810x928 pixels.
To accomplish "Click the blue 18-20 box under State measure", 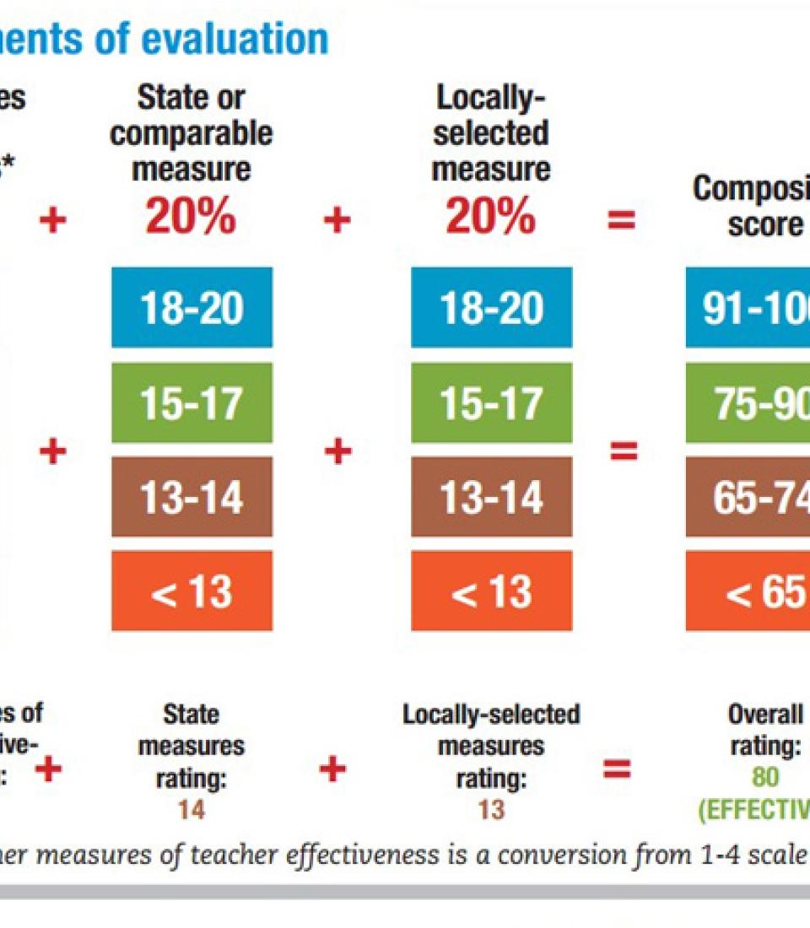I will click(x=192, y=308).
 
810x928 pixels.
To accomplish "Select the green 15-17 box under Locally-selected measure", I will click(x=491, y=402).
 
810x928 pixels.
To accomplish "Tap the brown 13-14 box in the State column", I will click(x=192, y=497).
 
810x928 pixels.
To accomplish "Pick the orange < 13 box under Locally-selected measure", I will click(x=491, y=591).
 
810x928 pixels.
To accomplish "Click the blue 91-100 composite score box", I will click(x=748, y=308).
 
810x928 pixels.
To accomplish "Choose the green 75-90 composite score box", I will click(x=748, y=402).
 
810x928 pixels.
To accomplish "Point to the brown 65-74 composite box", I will click(x=748, y=497).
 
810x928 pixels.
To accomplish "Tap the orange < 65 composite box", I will click(x=748, y=591).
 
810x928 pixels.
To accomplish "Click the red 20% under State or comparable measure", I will click(x=191, y=217).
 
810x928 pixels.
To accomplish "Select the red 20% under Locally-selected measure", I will click(x=491, y=217).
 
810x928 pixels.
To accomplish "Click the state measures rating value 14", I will click(x=192, y=810).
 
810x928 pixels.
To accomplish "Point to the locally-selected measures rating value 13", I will click(x=491, y=810).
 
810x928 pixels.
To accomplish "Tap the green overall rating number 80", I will click(x=765, y=776).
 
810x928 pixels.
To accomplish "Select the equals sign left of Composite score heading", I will click(x=622, y=221).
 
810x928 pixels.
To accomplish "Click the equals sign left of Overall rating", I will click(x=617, y=769).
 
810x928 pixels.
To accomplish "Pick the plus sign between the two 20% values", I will click(x=337, y=221).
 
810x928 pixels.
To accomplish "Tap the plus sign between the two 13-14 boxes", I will click(x=337, y=452).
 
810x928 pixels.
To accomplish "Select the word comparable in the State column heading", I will click(x=192, y=133).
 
